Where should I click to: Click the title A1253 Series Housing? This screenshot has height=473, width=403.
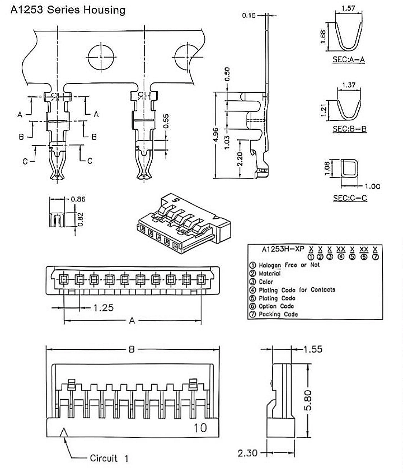68,10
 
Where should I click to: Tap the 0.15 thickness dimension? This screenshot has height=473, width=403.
249,15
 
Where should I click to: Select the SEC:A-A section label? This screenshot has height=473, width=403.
348,59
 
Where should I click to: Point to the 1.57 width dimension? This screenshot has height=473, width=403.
348,8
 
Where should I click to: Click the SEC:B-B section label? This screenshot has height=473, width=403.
350,129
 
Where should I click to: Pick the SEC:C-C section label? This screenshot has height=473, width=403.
350,198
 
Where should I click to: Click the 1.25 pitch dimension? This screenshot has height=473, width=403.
103,308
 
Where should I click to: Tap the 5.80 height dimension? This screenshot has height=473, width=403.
308,400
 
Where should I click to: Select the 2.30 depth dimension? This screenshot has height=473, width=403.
247,453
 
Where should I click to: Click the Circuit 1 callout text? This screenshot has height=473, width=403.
109,458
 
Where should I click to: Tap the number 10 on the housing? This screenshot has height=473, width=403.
200,428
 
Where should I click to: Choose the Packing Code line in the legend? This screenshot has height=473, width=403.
278,314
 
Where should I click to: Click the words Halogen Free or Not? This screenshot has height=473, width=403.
289,265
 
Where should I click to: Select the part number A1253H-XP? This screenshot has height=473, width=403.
282,249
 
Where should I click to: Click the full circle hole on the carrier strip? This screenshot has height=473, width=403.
101,57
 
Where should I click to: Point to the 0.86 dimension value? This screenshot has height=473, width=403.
78,199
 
